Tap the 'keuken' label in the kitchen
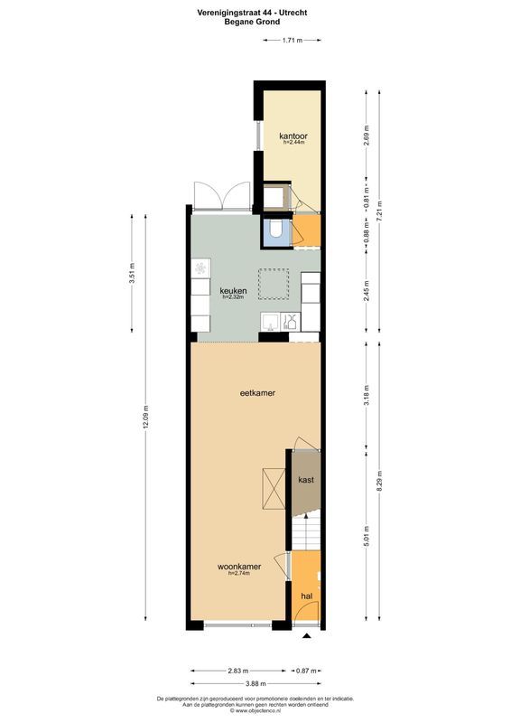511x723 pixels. pos(232,290)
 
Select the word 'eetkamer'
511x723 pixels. pos(256,393)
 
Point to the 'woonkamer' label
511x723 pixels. pos(239,567)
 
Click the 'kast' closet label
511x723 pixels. pos(305,480)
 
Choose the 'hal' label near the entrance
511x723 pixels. pos(306,596)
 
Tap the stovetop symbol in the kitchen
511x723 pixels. pos(200,270)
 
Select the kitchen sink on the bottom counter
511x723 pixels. pos(269,321)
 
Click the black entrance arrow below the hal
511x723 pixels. pos(307,636)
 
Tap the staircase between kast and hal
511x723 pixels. pos(305,528)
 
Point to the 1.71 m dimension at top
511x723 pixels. pos(291,41)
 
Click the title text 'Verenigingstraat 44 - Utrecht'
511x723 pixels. pos(255,12)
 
